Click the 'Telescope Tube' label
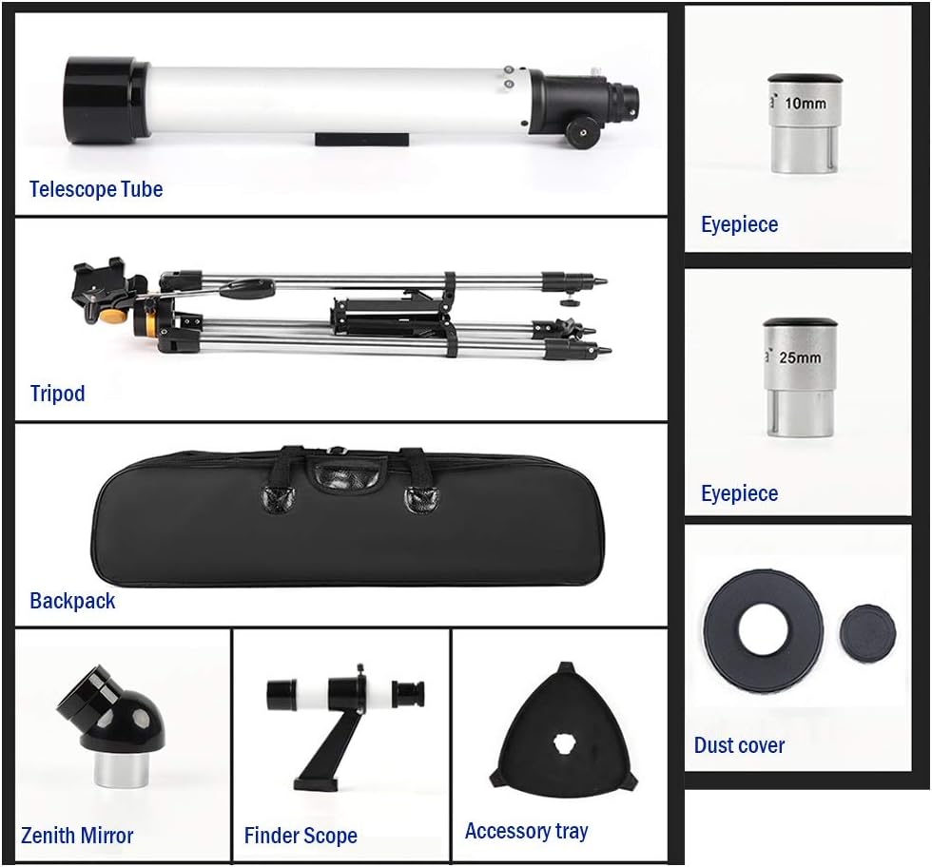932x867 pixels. [95, 189]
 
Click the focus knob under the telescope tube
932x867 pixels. [581, 133]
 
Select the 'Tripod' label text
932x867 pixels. [57, 394]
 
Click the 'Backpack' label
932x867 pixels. [72, 601]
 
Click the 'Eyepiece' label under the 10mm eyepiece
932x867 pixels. [739, 225]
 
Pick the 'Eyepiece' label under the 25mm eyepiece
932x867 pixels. [739, 493]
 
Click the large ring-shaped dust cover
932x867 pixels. [762, 626]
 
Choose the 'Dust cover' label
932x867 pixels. [739, 745]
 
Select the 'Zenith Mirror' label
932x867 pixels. [77, 837]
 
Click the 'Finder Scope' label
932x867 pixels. [301, 837]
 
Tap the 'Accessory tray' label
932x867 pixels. [526, 832]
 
